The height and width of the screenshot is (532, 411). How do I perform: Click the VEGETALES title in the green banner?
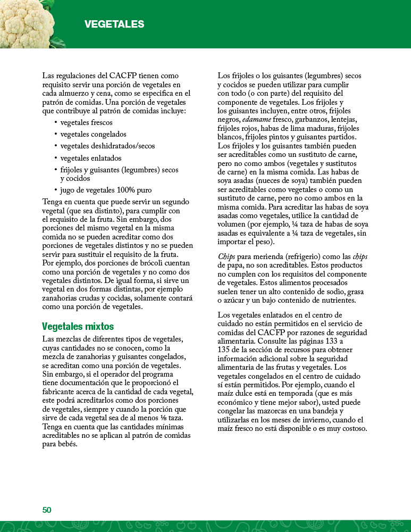pos(114,24)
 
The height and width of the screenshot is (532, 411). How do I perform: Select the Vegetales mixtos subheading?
pos(78,326)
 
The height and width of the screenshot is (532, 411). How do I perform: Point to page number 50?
pos(47,510)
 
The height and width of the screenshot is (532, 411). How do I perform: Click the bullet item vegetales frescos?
pos(86,122)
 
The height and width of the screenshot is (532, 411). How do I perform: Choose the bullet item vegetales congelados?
pos(93,134)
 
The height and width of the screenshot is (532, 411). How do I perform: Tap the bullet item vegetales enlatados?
pos(90,158)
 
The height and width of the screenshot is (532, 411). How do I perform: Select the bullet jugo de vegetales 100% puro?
pos(106,190)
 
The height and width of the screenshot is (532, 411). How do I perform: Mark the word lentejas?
pos(344,120)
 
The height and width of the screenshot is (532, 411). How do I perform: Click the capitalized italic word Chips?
pos(227,256)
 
